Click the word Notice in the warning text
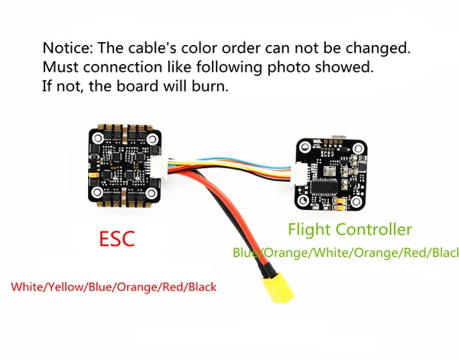pyautogui.click(x=63, y=47)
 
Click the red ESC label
pyautogui.click(x=117, y=237)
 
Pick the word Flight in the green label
pyautogui.click(x=308, y=230)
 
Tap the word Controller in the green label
pyautogui.click(x=374, y=230)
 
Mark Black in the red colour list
pyautogui.click(x=200, y=285)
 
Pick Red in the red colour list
pyautogui.click(x=172, y=285)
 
